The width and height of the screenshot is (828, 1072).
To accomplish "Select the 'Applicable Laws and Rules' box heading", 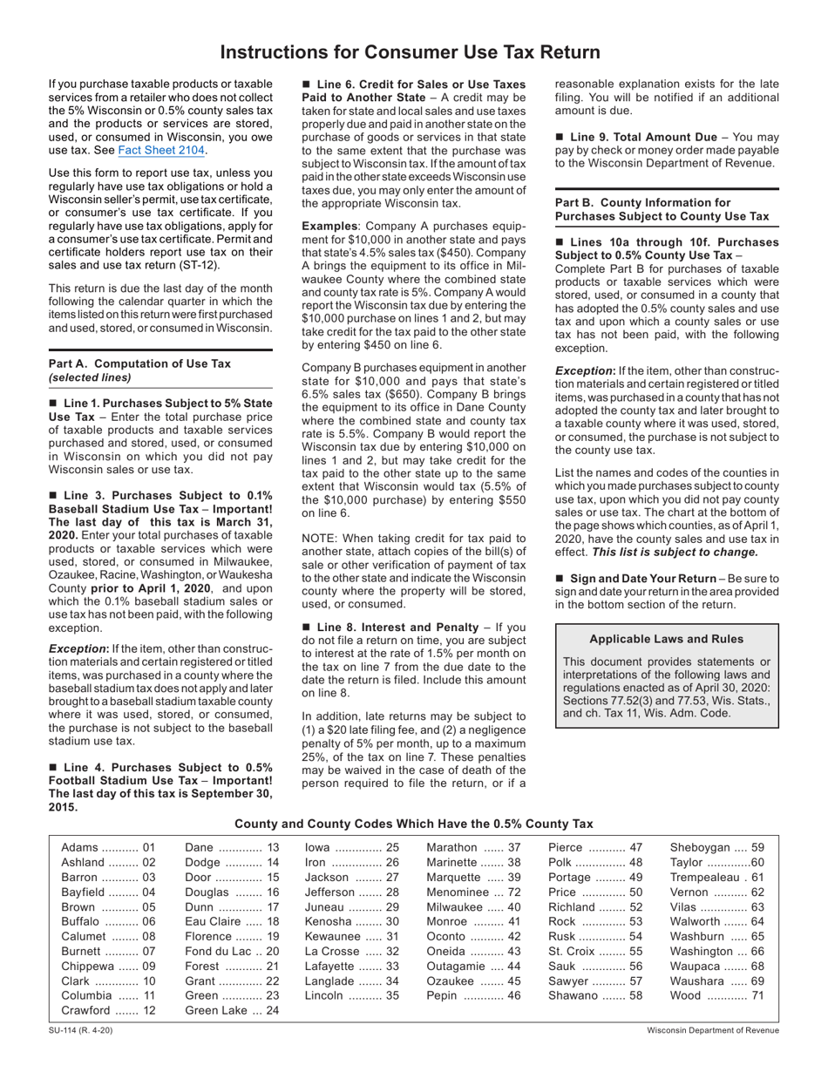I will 667,639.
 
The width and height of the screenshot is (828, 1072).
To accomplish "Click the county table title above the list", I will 414,823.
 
